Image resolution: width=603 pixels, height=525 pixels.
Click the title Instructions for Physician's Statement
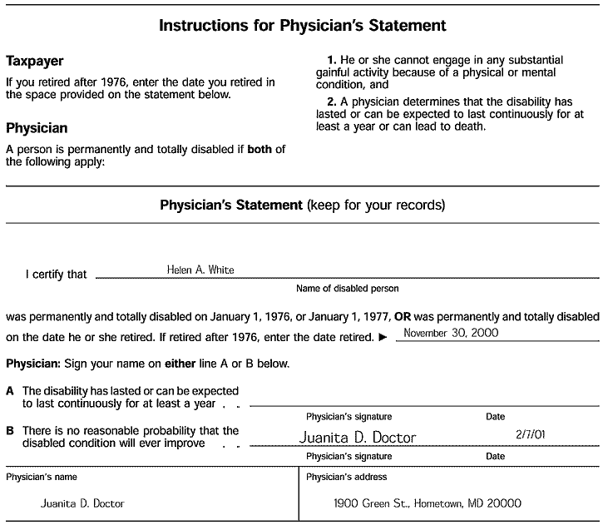coord(302,26)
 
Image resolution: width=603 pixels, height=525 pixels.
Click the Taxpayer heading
coord(35,62)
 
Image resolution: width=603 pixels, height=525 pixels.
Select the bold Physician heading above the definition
coord(37,129)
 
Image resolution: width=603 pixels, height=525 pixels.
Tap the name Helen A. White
coord(200,270)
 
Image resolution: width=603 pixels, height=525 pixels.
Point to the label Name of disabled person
coord(347,289)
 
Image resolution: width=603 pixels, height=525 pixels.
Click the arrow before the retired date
coord(382,337)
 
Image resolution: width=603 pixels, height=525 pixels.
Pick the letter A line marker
coord(10,390)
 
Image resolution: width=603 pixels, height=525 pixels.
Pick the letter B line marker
coord(10,431)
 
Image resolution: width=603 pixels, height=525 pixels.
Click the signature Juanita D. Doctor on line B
coord(357,438)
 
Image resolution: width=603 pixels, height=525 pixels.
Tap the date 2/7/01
coord(530,434)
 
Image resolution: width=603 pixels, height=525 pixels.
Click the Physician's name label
coord(42,477)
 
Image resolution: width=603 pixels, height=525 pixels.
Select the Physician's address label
coord(346,477)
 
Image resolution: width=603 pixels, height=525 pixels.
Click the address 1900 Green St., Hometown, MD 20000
coord(428,503)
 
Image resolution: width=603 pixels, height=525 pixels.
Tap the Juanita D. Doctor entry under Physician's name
coord(83,503)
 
